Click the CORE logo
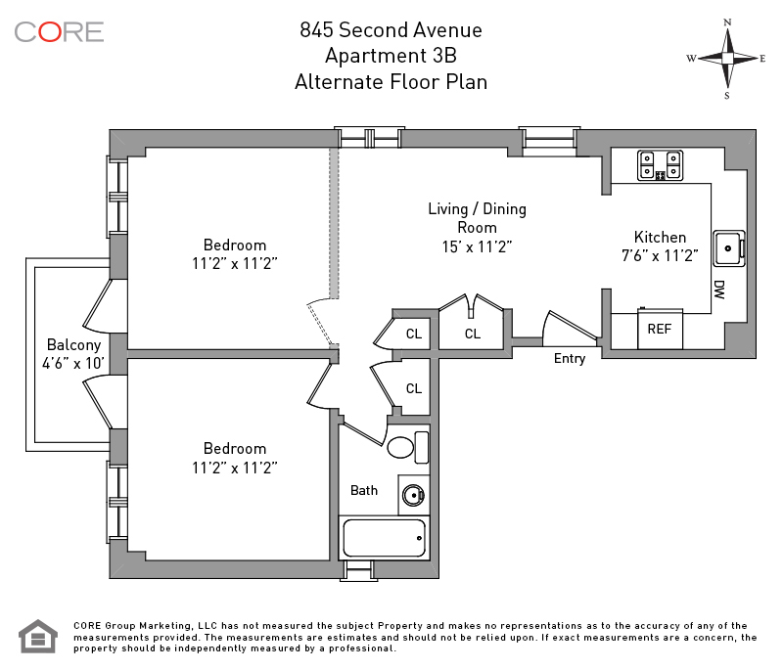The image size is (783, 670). pyautogui.click(x=59, y=31)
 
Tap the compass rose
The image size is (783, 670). pyautogui.click(x=726, y=58)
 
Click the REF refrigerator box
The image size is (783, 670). pyautogui.click(x=660, y=330)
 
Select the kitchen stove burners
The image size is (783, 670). pyautogui.click(x=659, y=165)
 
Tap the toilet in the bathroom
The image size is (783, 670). pyautogui.click(x=402, y=448)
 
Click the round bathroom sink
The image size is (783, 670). pyautogui.click(x=414, y=494)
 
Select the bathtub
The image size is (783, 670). pyautogui.click(x=383, y=538)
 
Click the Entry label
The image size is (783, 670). pyautogui.click(x=570, y=359)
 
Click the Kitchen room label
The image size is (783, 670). pyautogui.click(x=660, y=237)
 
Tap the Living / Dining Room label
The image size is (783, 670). pyautogui.click(x=477, y=217)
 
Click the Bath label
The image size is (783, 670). pyautogui.click(x=364, y=490)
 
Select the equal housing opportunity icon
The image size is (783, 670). pyautogui.click(x=37, y=637)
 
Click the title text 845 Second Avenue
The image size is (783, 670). pyautogui.click(x=391, y=30)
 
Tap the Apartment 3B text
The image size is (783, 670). pyautogui.click(x=391, y=56)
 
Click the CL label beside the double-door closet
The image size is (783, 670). pyautogui.click(x=473, y=334)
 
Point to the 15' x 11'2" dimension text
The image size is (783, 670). pyautogui.click(x=477, y=246)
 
